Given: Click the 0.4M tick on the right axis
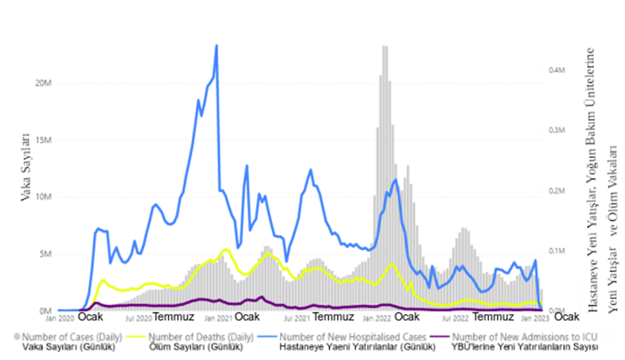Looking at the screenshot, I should click(x=557, y=70).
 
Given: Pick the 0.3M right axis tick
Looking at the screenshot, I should click(x=557, y=130).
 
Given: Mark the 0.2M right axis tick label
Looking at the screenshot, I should click(x=557, y=191).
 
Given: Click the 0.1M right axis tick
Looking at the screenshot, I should click(x=557, y=251).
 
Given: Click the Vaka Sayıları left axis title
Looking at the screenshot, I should click(x=27, y=166).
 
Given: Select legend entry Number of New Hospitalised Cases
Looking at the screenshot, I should click(x=353, y=337).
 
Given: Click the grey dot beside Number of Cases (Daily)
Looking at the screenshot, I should click(x=17, y=337).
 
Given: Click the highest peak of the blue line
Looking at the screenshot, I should click(x=217, y=45).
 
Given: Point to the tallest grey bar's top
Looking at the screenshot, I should click(x=385, y=46).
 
